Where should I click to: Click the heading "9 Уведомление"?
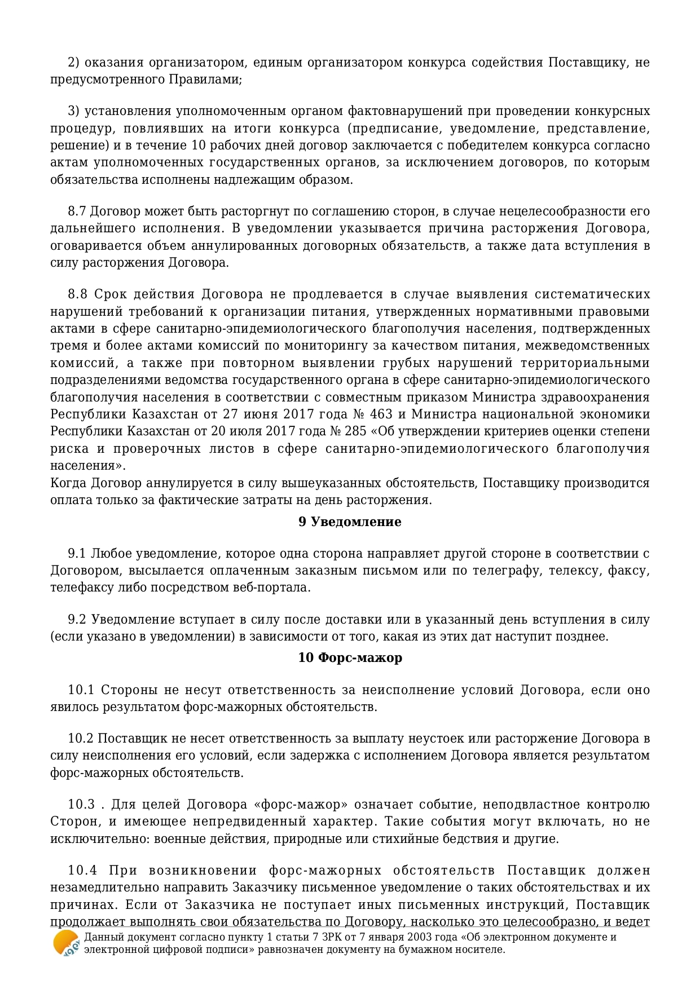(x=350, y=522)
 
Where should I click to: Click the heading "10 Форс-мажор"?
(x=350, y=657)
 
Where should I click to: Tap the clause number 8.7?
(x=77, y=211)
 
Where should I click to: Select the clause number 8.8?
(x=78, y=294)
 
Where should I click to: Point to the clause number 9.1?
(x=77, y=553)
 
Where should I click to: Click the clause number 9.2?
(x=77, y=619)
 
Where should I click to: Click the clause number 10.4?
(x=82, y=870)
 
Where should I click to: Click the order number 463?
(x=381, y=414)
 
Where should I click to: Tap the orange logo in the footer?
(x=66, y=943)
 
